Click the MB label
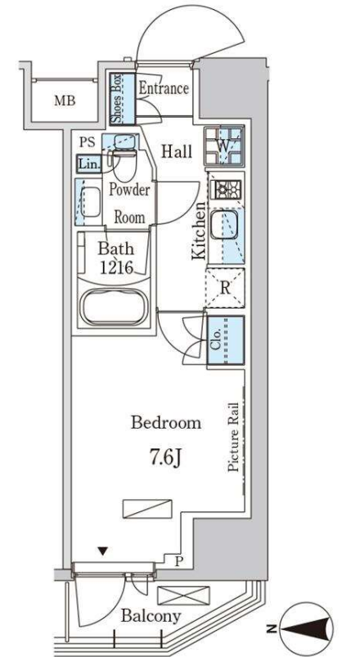[x=65, y=101]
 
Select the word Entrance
[x=164, y=88]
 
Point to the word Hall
[x=177, y=151]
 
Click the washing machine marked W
[x=224, y=146]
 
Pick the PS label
[x=88, y=142]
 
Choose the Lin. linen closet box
[x=89, y=164]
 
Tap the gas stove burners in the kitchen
[x=227, y=191]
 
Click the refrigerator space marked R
[x=225, y=288]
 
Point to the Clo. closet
[x=226, y=340]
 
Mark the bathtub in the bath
[x=114, y=308]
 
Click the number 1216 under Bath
[x=116, y=267]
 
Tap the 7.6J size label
[x=166, y=457]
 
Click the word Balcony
[x=151, y=616]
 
